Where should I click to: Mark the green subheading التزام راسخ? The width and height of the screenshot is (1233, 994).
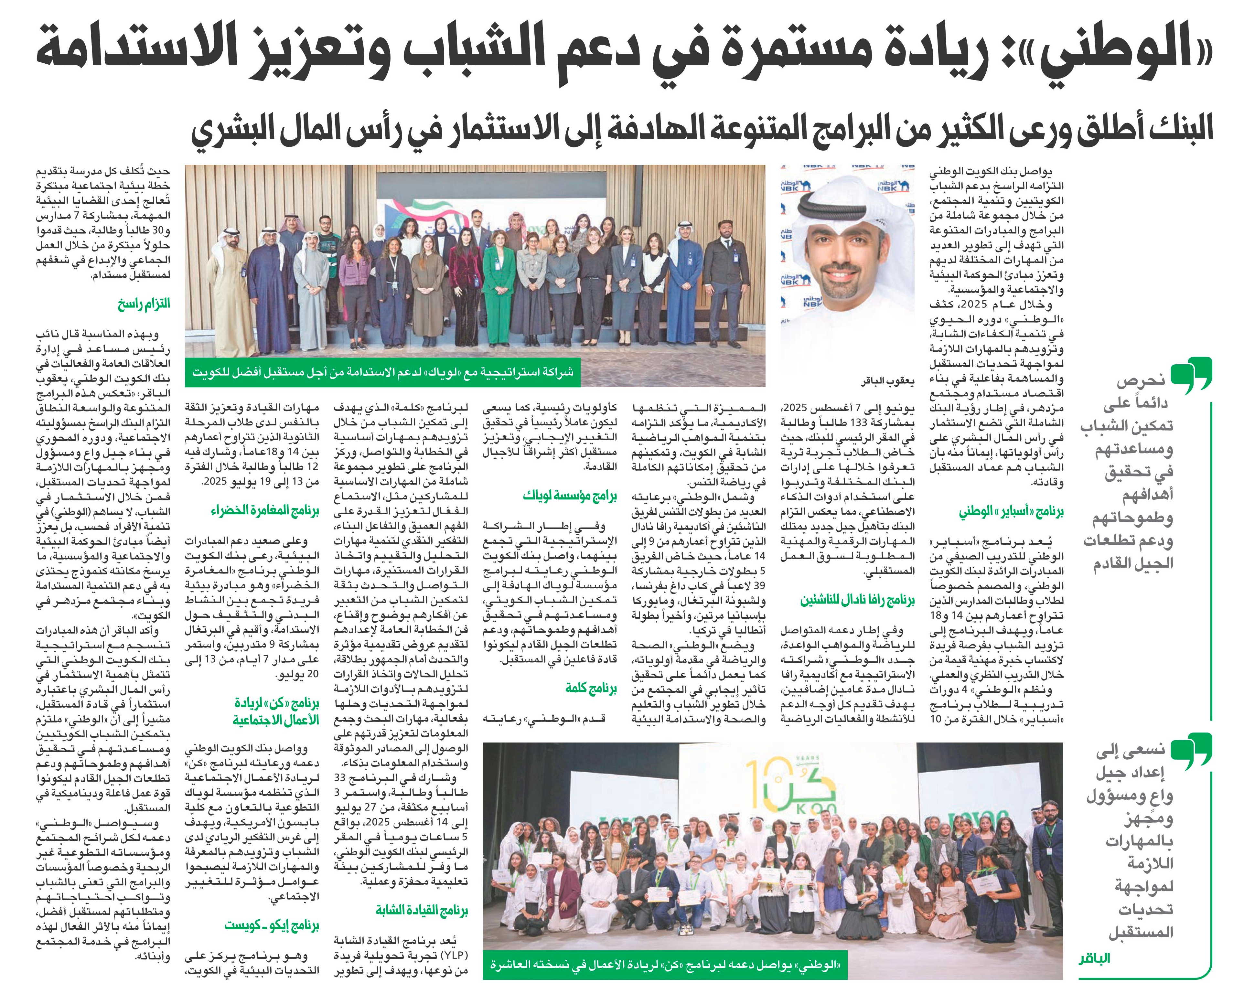144,304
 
